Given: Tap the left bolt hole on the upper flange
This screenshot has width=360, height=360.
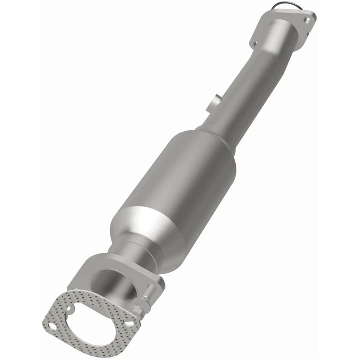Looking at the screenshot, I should pyautogui.click(x=255, y=44).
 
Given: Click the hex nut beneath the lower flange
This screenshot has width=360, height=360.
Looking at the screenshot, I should pyautogui.click(x=140, y=307).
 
